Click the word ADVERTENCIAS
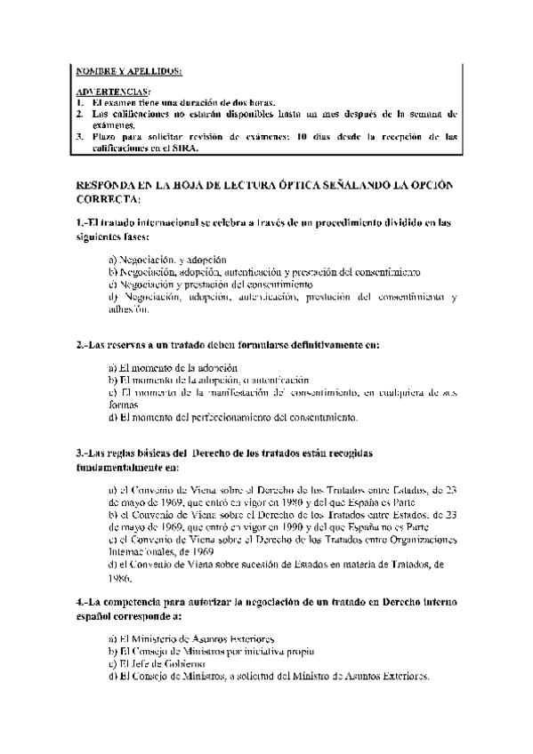[113, 92]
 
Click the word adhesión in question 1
[129, 309]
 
